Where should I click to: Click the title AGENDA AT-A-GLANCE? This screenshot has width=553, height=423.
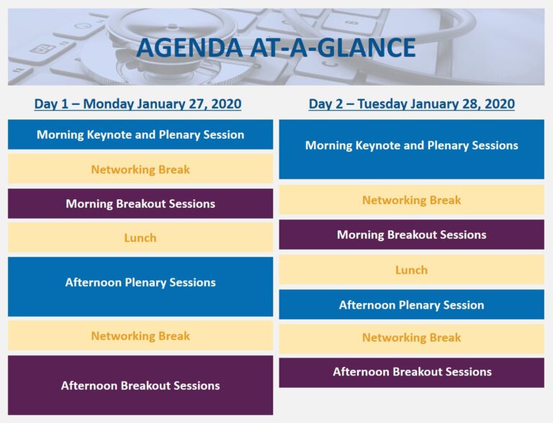click(276, 47)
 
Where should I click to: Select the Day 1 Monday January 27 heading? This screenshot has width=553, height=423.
click(138, 104)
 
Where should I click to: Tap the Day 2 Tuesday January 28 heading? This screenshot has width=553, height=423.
click(412, 104)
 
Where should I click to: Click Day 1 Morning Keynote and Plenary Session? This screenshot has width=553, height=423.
click(140, 135)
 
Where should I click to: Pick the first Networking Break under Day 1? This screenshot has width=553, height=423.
click(140, 170)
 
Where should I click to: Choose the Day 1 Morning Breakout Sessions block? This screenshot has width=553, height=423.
click(140, 204)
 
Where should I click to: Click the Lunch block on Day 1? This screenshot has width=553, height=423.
click(140, 237)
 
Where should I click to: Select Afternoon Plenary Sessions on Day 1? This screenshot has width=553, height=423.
click(140, 283)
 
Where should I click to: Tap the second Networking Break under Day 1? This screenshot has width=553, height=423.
click(140, 336)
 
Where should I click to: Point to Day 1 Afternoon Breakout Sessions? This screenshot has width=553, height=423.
click(140, 386)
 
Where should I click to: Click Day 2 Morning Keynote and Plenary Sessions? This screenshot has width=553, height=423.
click(412, 146)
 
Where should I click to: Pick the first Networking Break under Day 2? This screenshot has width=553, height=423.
click(412, 200)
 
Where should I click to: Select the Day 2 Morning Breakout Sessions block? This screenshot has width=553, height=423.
click(412, 235)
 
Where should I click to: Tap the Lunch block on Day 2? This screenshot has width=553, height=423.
click(412, 270)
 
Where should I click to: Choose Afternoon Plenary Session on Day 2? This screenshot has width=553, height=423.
click(412, 305)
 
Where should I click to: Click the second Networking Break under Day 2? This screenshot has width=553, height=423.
click(412, 338)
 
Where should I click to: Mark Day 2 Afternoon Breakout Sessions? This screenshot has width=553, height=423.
click(412, 372)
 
